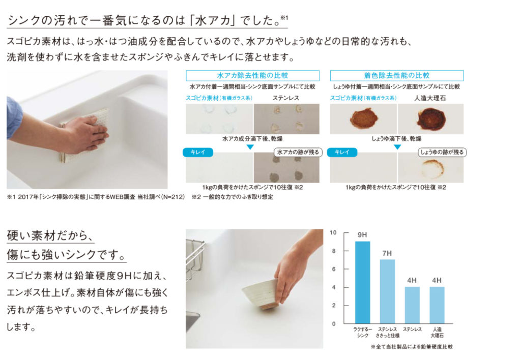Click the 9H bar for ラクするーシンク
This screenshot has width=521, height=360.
[362, 282]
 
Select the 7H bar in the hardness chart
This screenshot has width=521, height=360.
[387, 291]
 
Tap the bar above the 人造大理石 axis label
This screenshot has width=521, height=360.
[437, 305]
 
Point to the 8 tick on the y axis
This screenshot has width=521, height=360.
[334, 251]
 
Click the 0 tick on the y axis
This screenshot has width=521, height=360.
[334, 323]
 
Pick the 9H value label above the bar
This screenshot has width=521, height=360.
[362, 235]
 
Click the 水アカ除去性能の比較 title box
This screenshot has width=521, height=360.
[252, 75]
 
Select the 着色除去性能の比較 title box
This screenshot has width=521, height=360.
[397, 75]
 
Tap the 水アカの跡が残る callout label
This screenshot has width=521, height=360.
[298, 152]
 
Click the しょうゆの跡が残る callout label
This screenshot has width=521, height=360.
[442, 152]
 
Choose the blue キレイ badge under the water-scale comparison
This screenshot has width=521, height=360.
[198, 152]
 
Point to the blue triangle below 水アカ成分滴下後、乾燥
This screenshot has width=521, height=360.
[250, 147]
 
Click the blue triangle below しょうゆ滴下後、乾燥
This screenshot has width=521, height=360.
[397, 147]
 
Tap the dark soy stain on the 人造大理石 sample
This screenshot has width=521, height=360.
[431, 119]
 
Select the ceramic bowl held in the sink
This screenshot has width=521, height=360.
[261, 294]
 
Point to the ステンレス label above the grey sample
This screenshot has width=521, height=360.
[286, 98]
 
